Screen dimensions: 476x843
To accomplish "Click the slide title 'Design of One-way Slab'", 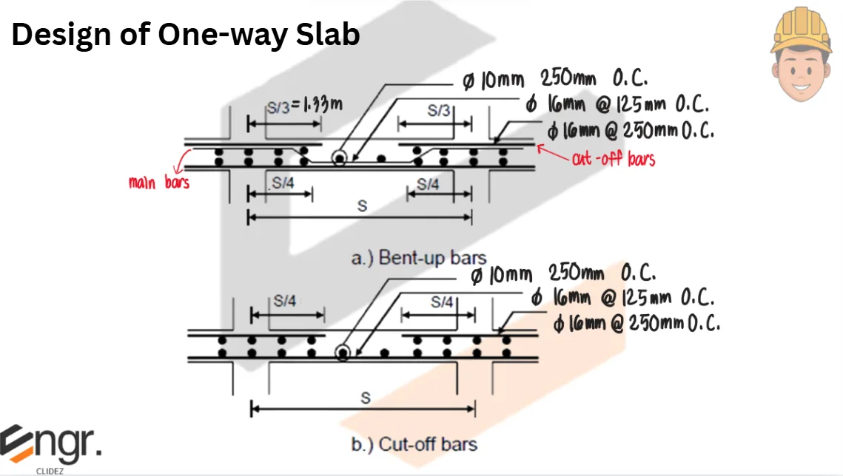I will tap(185, 35).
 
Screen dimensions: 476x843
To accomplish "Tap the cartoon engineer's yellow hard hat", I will tap(801, 31).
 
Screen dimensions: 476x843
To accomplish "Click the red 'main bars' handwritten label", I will tap(158, 182).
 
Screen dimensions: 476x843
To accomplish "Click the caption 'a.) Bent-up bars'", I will tap(418, 258).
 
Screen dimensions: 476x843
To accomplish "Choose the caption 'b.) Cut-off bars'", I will tap(414, 444).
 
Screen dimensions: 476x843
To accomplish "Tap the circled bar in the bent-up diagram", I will tap(339, 157).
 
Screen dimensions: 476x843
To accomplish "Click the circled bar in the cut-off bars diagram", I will tap(343, 353).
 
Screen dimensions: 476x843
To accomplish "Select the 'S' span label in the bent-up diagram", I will tap(361, 207).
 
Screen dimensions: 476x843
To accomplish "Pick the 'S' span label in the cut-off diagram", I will tap(364, 398).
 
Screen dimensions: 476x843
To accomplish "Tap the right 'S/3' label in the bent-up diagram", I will tap(438, 111).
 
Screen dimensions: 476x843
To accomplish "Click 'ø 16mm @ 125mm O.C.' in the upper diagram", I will tap(618, 104).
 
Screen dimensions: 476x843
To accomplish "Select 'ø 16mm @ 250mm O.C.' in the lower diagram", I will tap(637, 324).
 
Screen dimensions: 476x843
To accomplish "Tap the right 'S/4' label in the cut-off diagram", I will tap(441, 302).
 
